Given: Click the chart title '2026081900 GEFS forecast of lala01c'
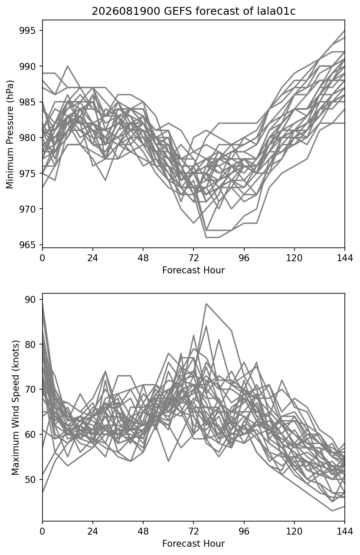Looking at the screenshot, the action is coord(193,11).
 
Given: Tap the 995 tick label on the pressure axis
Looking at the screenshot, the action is coord(27,30).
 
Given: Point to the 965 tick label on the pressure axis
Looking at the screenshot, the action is coord(27,245).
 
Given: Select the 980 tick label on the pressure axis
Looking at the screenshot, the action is coord(27,138).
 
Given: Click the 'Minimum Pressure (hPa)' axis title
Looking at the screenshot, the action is coord(10,134).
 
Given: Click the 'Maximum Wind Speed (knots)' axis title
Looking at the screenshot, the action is coord(16,407).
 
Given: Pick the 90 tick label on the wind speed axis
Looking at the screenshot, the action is coord(30,299).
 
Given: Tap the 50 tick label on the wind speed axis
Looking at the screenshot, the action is coord(30,479).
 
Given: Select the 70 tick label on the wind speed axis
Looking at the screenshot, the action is coord(30,389).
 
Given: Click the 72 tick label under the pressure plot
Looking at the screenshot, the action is coord(193,258).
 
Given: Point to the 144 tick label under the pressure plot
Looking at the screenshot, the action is coord(345,258).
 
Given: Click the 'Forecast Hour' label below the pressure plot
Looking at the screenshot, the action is coord(193,270).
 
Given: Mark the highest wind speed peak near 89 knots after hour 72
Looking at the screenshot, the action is coord(206,303).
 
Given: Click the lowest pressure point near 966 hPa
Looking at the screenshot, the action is coord(206,237).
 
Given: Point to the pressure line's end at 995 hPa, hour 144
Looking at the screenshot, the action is coord(344,30).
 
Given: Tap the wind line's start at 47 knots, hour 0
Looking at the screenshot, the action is coord(43,493).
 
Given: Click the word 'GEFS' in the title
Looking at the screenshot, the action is coord(178,11).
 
